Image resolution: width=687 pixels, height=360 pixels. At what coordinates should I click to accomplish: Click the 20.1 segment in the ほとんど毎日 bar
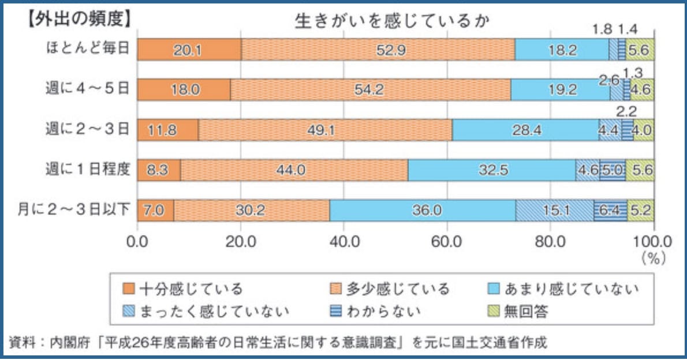click(189, 50)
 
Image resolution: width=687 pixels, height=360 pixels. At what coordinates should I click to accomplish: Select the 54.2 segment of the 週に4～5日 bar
click(370, 90)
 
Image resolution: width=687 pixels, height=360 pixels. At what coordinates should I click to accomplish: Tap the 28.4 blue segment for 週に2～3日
click(526, 130)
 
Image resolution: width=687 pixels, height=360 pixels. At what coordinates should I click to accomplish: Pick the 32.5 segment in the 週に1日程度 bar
click(491, 170)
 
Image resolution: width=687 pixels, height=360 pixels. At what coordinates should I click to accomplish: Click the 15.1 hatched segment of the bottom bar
click(554, 210)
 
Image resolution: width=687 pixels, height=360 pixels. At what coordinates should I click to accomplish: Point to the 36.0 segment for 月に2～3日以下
click(423, 210)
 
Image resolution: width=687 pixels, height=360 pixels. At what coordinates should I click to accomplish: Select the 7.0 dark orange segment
click(155, 210)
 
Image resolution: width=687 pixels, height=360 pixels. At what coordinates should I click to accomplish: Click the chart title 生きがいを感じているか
click(393, 20)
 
